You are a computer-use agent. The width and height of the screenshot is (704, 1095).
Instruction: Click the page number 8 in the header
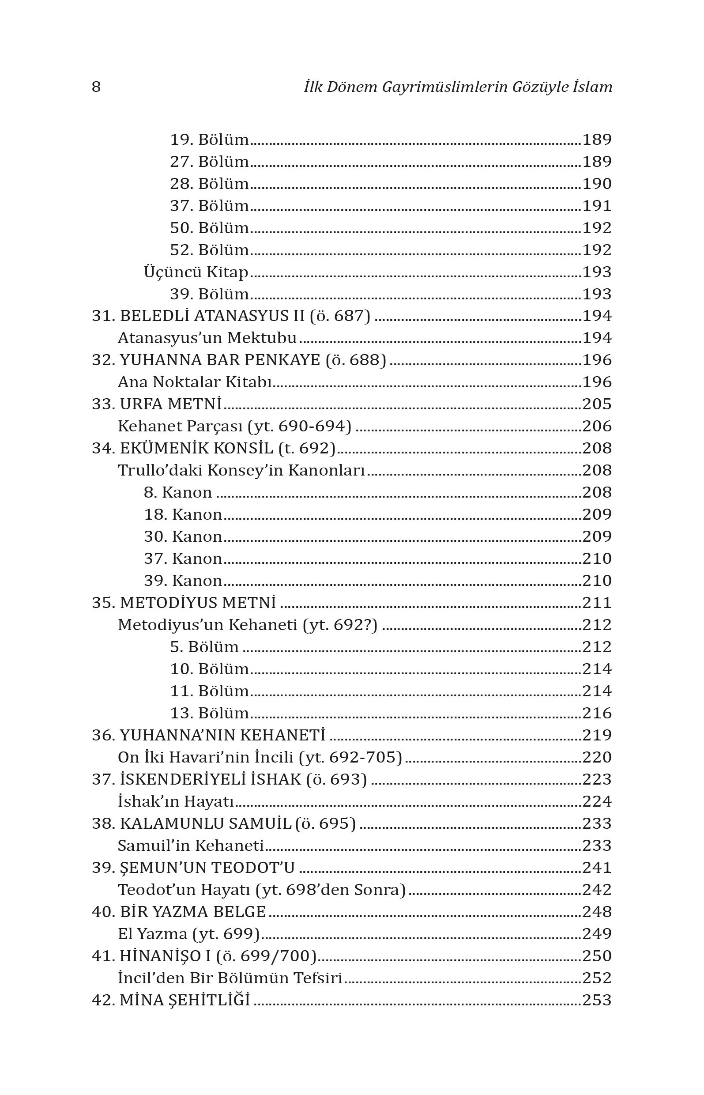click(96, 87)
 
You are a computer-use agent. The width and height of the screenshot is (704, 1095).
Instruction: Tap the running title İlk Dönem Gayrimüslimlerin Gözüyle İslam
click(458, 87)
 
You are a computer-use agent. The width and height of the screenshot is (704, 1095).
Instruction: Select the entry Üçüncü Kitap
click(196, 272)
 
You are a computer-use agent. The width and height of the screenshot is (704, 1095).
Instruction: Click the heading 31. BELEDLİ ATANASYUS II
click(231, 316)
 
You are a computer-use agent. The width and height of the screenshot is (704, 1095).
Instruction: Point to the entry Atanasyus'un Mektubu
click(207, 338)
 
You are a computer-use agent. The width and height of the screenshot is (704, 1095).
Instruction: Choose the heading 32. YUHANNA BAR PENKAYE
click(239, 360)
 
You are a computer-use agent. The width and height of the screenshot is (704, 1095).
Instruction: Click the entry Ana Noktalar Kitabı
click(195, 382)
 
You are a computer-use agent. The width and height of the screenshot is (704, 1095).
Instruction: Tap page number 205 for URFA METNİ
click(597, 404)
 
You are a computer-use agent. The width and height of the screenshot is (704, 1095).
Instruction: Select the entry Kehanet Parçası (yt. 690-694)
click(234, 426)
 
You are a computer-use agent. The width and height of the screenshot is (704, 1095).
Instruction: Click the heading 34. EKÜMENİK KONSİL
click(214, 448)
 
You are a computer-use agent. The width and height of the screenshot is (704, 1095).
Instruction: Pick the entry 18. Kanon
click(183, 514)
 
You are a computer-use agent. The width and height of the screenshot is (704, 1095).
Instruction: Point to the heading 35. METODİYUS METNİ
click(184, 603)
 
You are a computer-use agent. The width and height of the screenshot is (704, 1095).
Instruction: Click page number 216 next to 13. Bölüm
click(597, 713)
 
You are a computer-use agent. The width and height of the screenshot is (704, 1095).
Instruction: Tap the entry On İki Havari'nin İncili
click(260, 757)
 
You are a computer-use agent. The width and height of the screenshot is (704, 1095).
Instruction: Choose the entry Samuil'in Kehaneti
click(191, 846)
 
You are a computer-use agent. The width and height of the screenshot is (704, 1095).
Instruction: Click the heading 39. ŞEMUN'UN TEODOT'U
click(193, 867)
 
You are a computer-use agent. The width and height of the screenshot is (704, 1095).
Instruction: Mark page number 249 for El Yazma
click(597, 933)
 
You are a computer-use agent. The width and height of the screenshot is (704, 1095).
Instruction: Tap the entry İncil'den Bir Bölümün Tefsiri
click(230, 978)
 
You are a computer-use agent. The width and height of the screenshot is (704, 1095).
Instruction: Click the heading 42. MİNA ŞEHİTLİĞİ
click(171, 1000)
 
